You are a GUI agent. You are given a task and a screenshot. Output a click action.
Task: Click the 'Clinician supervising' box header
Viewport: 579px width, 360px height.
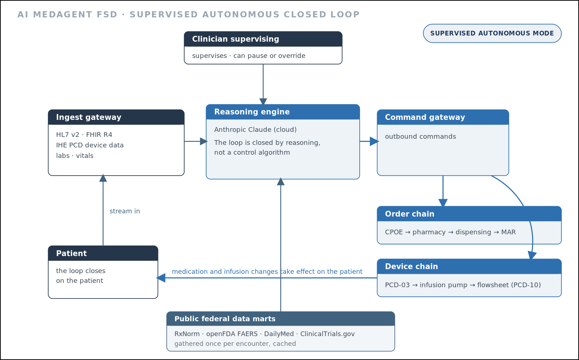[263, 39]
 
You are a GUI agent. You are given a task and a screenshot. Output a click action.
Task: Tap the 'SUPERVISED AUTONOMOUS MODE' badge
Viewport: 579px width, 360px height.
[492, 33]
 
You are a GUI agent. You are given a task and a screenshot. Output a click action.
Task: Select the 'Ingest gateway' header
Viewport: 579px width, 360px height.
[116, 117]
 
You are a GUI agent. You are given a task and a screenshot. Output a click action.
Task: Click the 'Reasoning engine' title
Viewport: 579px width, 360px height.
[252, 112]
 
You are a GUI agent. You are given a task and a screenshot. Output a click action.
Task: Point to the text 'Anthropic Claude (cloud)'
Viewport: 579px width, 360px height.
[255, 130]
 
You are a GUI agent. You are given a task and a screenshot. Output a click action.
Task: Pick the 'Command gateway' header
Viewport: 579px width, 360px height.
[443, 117]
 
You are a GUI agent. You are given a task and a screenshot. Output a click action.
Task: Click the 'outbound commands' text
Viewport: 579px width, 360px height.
[420, 137]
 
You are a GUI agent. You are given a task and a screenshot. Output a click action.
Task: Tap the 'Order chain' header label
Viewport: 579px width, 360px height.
[410, 214]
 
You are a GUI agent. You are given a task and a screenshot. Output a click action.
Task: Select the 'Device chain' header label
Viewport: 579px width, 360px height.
[411, 267]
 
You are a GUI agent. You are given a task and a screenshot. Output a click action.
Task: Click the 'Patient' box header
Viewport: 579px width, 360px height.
[103, 253]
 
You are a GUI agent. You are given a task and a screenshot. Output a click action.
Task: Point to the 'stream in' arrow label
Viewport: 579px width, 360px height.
[125, 211]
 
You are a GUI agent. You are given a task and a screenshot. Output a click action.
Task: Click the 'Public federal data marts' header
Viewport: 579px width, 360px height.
[280, 319]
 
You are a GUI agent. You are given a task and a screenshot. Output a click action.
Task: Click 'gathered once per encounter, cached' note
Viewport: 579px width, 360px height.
[235, 344]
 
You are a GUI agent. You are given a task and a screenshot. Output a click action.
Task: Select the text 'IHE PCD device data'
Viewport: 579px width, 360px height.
[90, 145]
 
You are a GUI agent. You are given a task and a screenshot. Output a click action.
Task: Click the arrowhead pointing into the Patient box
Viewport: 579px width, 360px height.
[161, 278]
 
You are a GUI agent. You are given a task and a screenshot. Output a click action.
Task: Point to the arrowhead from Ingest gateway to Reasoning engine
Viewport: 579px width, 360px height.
[204, 142]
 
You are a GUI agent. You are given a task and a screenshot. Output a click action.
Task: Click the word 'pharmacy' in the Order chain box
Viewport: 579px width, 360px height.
[429, 232]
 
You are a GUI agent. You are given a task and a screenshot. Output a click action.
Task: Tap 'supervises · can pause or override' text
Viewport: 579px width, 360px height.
[249, 56]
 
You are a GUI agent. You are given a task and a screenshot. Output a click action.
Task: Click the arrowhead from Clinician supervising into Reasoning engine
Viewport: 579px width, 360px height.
[263, 102]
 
